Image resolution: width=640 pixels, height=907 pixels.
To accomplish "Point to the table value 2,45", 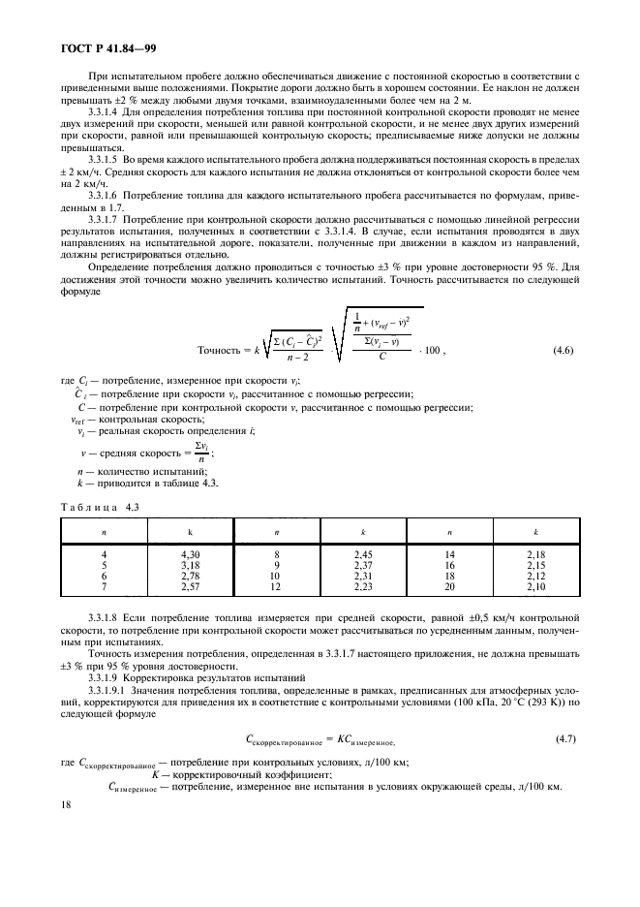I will [x=363, y=551].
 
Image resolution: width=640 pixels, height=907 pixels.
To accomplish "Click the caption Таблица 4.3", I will [x=93, y=506].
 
